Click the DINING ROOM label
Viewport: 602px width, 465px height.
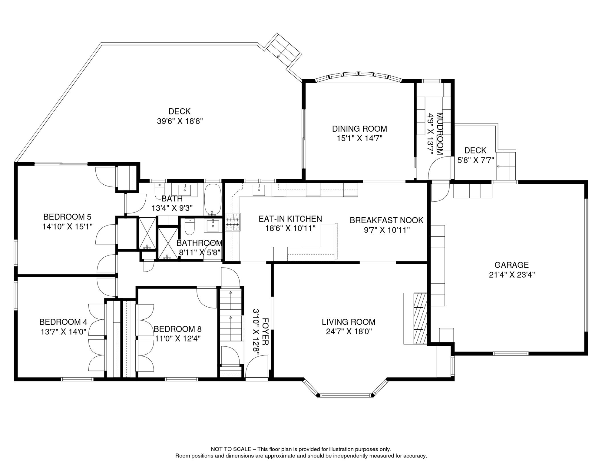[359, 129]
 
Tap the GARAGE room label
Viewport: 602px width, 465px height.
[511, 265]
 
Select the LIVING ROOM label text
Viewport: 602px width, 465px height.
[349, 322]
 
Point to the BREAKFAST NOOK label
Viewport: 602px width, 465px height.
[386, 220]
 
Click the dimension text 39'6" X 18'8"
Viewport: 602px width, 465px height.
[180, 121]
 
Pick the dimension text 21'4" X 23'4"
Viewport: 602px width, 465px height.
[512, 275]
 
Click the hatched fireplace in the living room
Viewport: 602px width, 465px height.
[420, 318]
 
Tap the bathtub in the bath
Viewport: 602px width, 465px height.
[213, 200]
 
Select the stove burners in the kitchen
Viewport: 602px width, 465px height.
[233, 222]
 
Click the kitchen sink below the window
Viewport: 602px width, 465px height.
[259, 190]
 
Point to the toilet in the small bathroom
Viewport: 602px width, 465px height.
[190, 227]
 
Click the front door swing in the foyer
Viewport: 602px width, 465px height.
[256, 366]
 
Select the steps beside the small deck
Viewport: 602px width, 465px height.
[506, 166]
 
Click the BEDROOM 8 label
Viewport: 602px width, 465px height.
[177, 329]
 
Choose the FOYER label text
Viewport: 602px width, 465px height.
[265, 331]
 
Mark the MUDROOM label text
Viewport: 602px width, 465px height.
[440, 134]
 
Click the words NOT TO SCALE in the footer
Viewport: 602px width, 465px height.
[231, 449]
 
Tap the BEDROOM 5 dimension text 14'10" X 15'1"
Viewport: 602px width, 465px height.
[67, 226]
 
